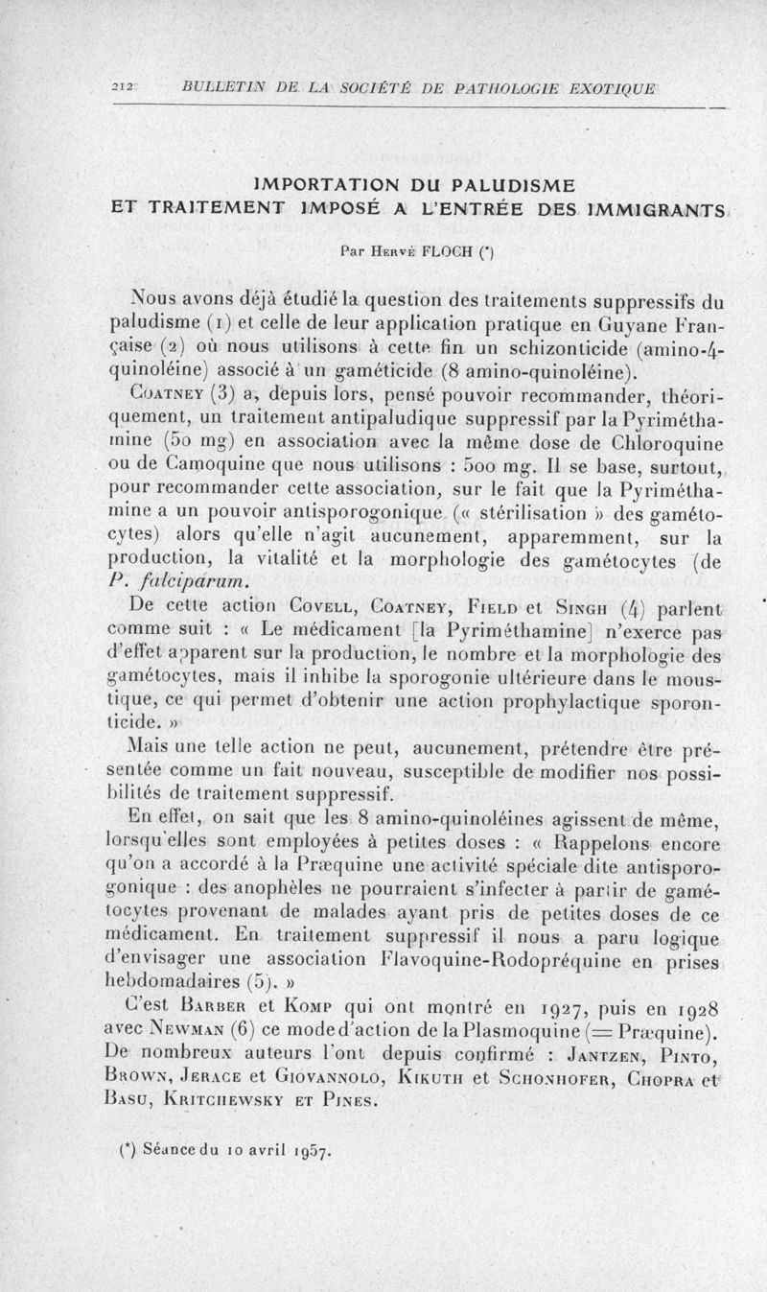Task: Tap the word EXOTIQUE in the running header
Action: pyautogui.click(x=610, y=89)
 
